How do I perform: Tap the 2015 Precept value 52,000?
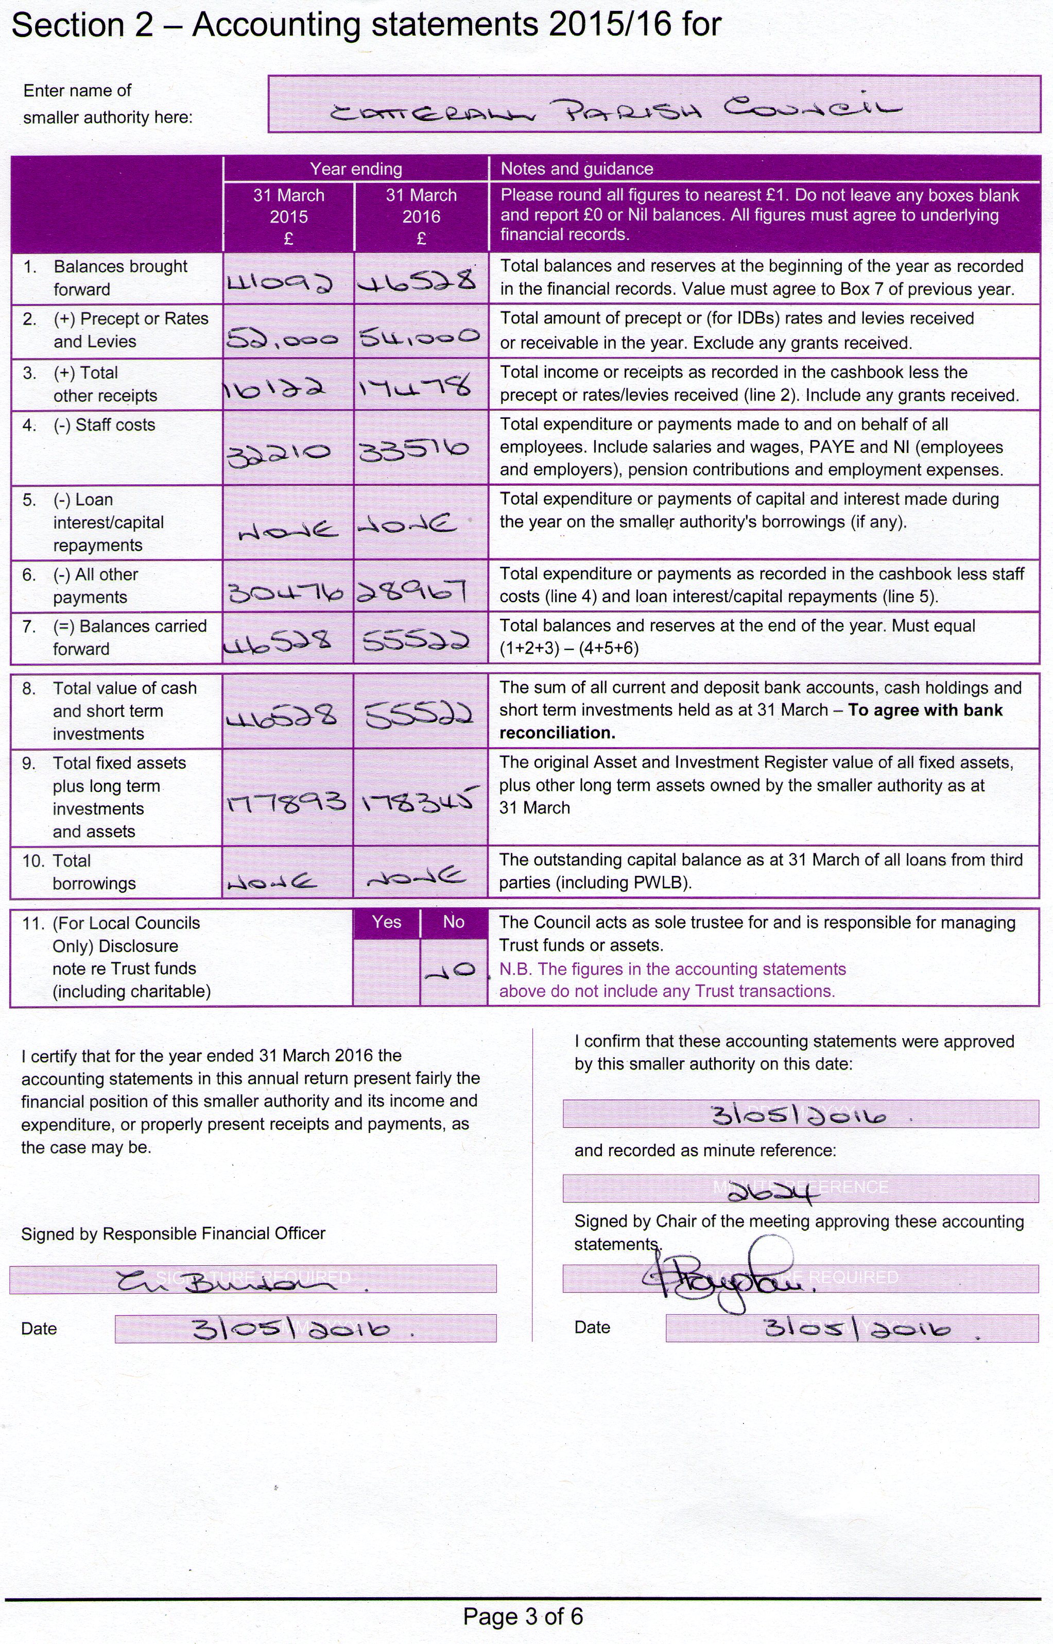click(x=282, y=337)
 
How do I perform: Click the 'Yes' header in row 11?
click(x=386, y=922)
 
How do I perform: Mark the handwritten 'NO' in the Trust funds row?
click(x=451, y=970)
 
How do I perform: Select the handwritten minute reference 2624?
click(x=773, y=1194)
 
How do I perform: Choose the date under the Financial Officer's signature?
click(x=290, y=1329)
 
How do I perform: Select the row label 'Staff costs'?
click(x=115, y=425)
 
